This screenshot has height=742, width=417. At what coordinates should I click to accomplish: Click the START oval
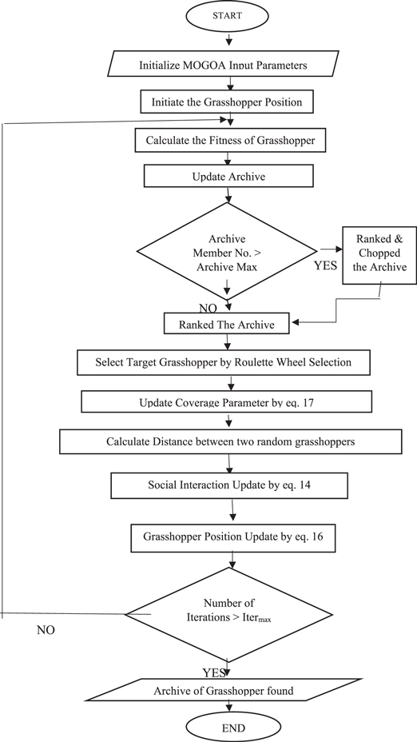click(229, 17)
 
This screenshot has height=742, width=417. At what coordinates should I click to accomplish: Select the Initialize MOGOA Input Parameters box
click(229, 63)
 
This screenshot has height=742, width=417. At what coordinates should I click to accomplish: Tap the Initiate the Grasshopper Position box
click(229, 102)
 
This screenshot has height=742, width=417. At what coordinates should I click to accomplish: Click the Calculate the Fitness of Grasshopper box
click(229, 140)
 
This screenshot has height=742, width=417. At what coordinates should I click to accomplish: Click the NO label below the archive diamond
click(208, 306)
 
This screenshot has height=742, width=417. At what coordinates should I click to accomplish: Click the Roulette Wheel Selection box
click(224, 362)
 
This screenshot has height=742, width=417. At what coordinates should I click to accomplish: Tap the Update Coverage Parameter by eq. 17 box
click(228, 400)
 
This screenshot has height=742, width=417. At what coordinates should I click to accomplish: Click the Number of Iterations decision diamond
click(228, 614)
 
